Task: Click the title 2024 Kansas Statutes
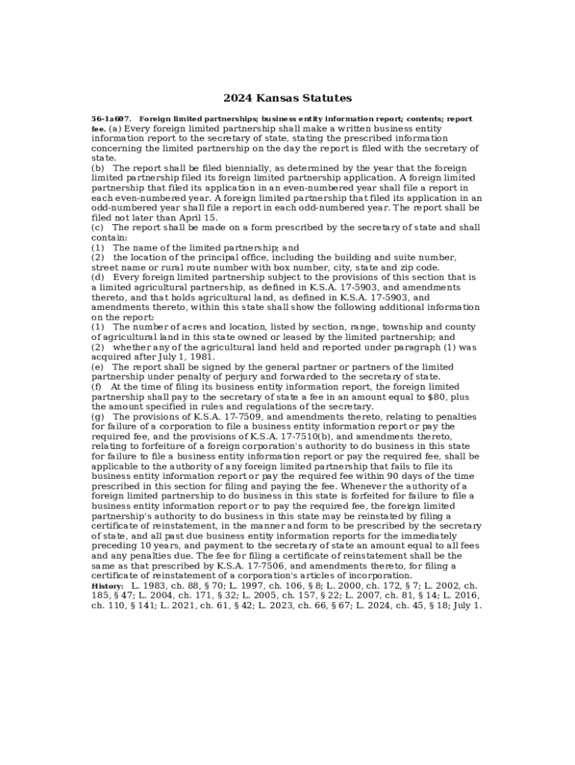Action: point(287,98)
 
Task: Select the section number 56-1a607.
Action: point(111,119)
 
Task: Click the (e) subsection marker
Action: point(98,367)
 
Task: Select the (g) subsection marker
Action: point(98,416)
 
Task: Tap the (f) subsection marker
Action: point(97,387)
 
